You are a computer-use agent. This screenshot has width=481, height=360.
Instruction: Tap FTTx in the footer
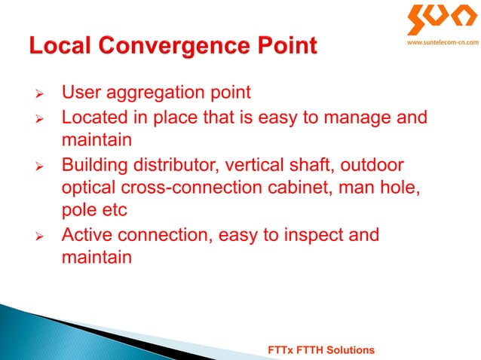coord(281,350)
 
